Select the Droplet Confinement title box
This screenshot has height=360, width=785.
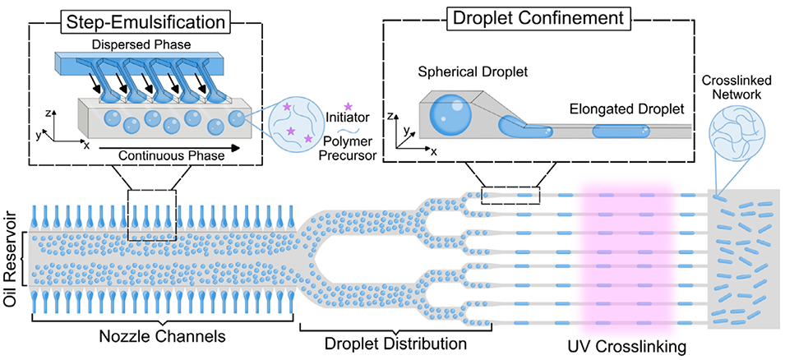538,19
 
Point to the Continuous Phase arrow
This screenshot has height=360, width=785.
169,148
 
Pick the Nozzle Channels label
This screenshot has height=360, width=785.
162,335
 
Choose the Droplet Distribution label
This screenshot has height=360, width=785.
395,344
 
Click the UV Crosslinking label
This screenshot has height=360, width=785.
626,347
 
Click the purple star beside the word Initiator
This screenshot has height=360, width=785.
349,106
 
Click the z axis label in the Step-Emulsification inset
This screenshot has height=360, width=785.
48,113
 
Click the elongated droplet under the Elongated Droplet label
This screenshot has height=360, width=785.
621,132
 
